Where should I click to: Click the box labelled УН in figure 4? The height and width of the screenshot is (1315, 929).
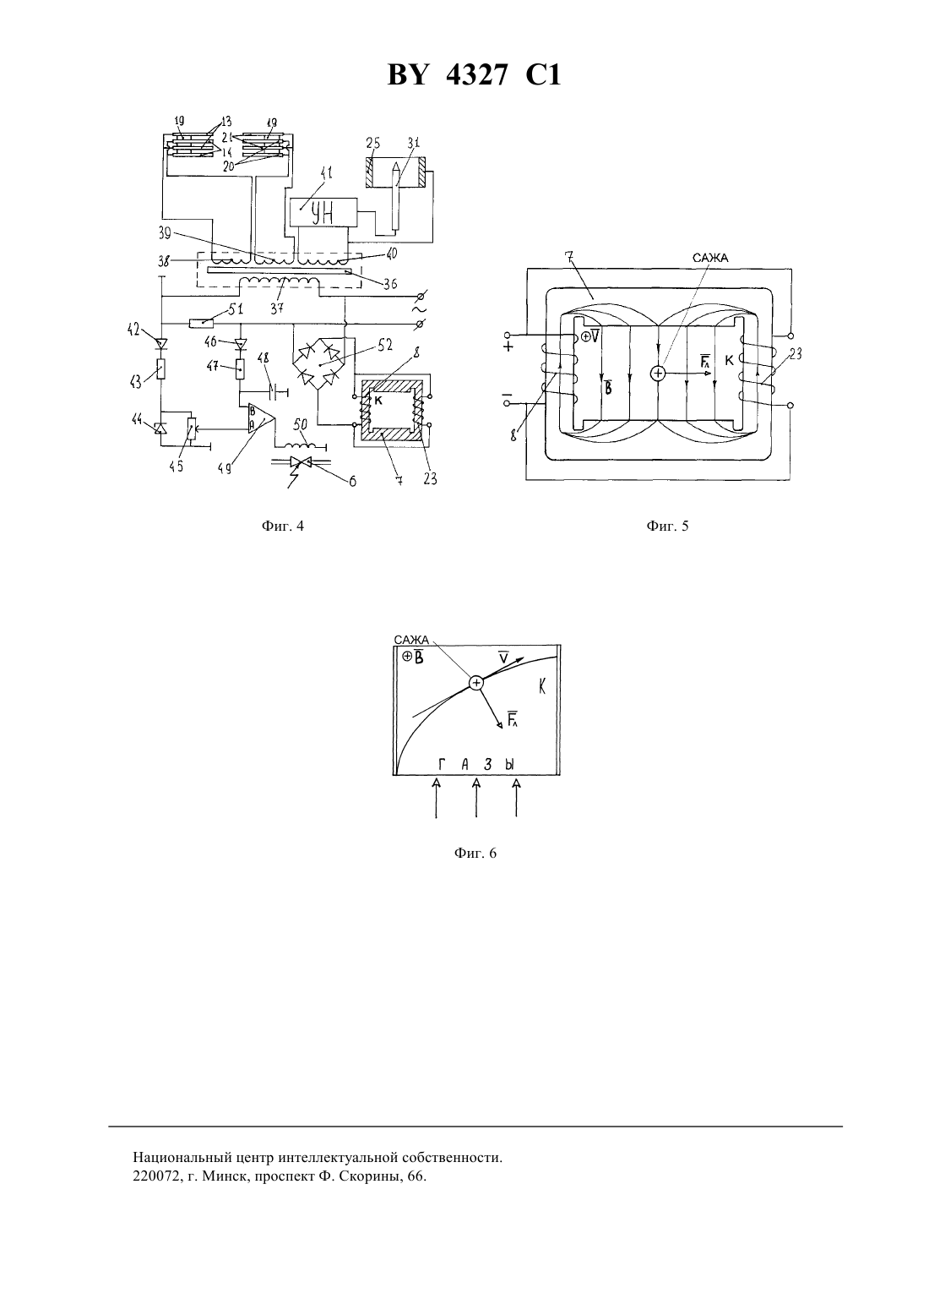pyautogui.click(x=323, y=212)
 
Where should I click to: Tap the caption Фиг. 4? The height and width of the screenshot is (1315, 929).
pyautogui.click(x=283, y=526)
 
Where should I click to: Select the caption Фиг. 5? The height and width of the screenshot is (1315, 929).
pyautogui.click(x=667, y=526)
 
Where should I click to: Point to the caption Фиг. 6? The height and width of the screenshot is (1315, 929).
pyautogui.click(x=475, y=853)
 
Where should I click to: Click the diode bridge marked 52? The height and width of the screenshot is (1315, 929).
pyautogui.click(x=317, y=364)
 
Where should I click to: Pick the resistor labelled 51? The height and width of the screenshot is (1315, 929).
pyautogui.click(x=201, y=323)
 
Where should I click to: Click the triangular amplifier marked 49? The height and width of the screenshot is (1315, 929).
pyautogui.click(x=261, y=418)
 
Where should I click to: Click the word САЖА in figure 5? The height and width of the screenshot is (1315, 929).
pyautogui.click(x=710, y=258)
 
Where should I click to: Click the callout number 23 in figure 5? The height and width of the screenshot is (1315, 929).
pyautogui.click(x=795, y=354)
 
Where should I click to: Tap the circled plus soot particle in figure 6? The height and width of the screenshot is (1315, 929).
pyautogui.click(x=476, y=682)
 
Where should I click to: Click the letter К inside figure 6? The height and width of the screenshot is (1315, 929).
pyautogui.click(x=542, y=686)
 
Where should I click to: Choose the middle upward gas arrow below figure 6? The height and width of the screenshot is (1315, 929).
pyautogui.click(x=476, y=798)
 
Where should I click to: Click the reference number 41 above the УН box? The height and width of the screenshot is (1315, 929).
pyautogui.click(x=324, y=174)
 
